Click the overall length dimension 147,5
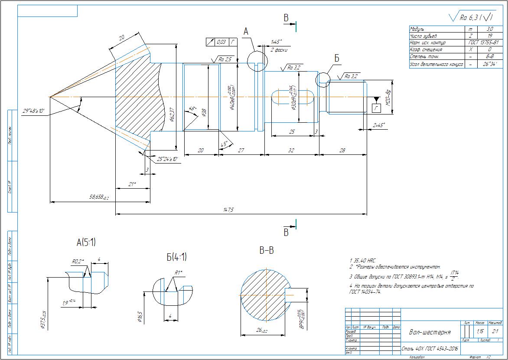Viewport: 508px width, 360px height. (x=228, y=210)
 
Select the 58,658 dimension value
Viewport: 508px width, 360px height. (x=98, y=198)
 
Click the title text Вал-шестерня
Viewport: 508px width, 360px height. (x=430, y=332)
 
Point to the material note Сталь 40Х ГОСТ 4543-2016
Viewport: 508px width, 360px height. (x=430, y=348)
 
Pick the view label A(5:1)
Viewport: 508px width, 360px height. (x=86, y=243)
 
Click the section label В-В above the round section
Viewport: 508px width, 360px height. (x=266, y=250)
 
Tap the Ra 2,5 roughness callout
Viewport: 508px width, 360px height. (x=226, y=59)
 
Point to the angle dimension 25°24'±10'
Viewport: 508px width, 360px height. (x=168, y=159)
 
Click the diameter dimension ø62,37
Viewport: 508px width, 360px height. (x=172, y=114)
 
